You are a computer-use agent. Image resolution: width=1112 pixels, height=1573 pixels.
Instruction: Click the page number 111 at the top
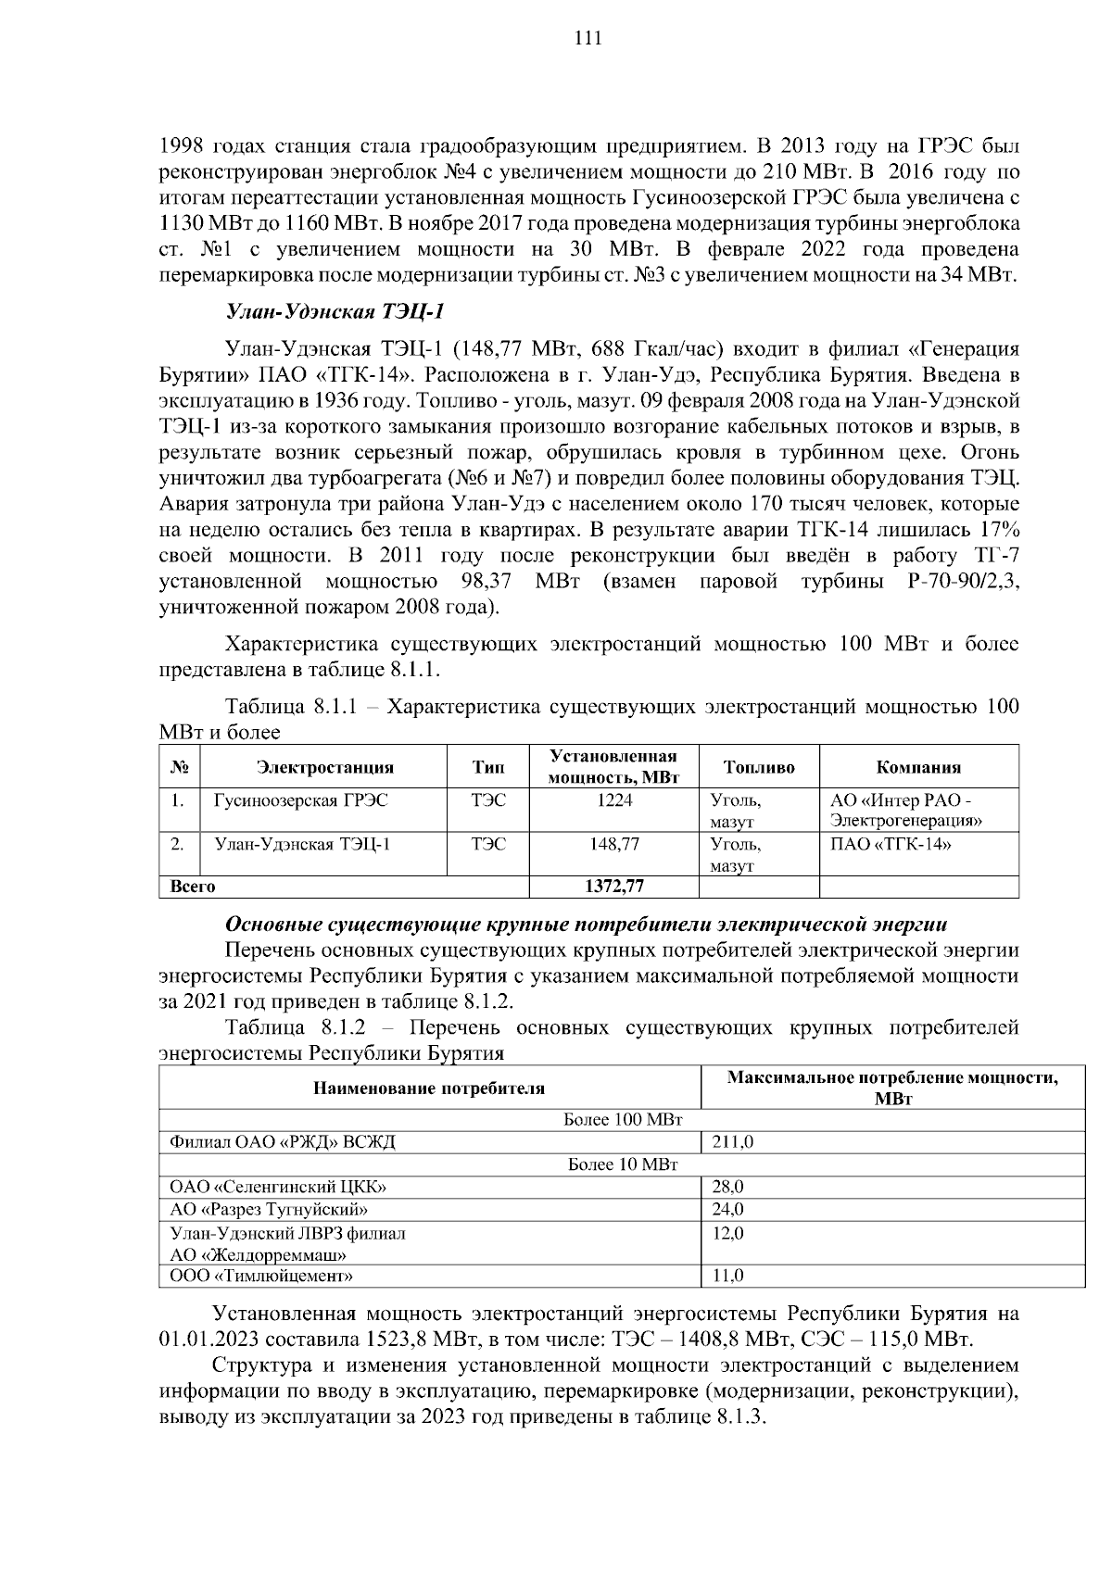click(588, 38)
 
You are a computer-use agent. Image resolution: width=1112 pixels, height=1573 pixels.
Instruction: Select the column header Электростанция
click(324, 767)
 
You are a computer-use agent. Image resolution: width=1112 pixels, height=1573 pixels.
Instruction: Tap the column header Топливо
click(759, 767)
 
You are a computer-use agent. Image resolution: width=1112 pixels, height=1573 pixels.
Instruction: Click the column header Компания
click(918, 767)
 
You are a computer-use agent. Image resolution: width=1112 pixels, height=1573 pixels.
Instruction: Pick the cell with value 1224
click(614, 800)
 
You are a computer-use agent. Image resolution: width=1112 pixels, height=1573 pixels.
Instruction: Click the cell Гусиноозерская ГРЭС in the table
click(301, 800)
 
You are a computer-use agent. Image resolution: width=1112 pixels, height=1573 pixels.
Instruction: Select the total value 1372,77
click(614, 887)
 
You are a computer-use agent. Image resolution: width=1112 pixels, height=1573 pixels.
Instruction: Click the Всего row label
click(193, 887)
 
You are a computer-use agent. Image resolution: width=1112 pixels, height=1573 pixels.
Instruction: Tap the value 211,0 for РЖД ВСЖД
click(732, 1142)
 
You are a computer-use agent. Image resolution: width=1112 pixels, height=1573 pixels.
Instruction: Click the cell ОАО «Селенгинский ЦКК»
click(278, 1187)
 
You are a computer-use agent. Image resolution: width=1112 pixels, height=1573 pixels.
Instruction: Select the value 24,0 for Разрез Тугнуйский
click(727, 1209)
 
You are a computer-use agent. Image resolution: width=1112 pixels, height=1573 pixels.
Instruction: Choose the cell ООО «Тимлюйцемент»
click(262, 1276)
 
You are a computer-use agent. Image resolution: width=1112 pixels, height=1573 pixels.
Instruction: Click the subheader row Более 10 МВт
click(623, 1164)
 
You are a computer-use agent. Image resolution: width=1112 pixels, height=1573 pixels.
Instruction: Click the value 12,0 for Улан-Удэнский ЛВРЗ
click(727, 1233)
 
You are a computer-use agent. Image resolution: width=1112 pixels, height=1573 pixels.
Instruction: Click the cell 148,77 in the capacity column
click(614, 844)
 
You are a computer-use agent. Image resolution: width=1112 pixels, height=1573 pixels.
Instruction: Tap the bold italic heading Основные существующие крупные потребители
click(587, 925)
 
